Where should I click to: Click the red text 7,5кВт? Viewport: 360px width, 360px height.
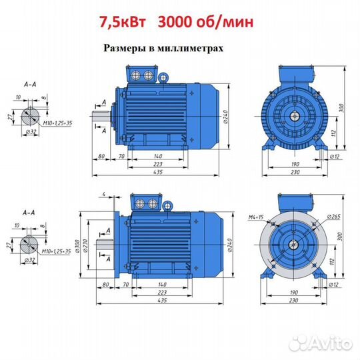click(123, 22)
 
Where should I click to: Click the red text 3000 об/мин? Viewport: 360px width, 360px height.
click(206, 22)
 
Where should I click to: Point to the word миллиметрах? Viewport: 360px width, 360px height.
click(190, 48)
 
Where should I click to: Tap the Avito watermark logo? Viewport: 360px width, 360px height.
click(321, 343)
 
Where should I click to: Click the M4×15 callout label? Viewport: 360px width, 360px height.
click(256, 217)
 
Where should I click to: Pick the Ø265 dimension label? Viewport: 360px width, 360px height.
click(333, 217)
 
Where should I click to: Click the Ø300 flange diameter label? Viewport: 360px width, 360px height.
click(77, 245)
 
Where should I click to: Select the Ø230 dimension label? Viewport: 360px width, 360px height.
click(85, 245)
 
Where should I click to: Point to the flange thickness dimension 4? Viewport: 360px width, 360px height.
click(104, 194)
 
